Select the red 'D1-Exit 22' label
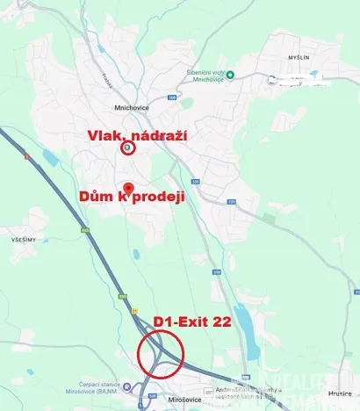point(192,322)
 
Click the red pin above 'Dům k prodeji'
point(128,188)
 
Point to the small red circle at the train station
point(129,148)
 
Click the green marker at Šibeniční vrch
point(230,75)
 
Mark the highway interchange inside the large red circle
point(160,356)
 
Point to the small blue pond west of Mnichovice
point(48,158)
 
